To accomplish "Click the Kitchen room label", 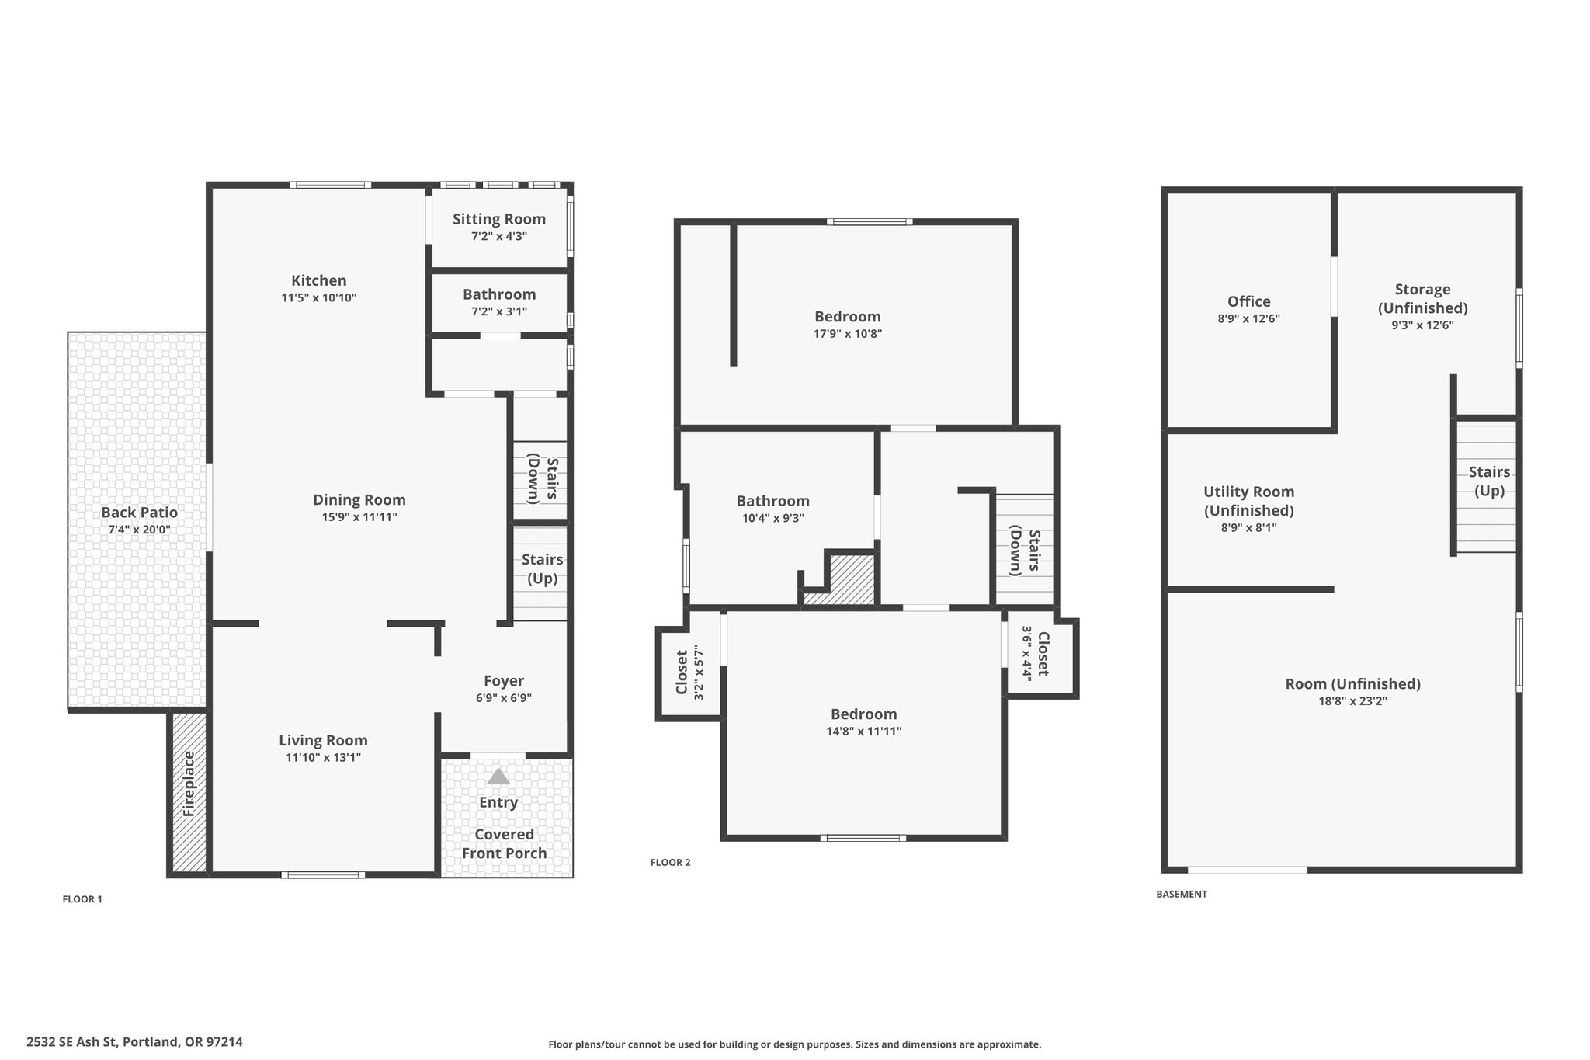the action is click(319, 280).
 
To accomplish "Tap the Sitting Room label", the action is click(499, 220).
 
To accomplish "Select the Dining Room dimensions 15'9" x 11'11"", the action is click(359, 517).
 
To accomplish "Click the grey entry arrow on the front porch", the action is click(498, 777).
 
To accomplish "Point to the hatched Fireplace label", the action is click(189, 784).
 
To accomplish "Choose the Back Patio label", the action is click(140, 513).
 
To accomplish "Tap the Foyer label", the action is click(504, 681).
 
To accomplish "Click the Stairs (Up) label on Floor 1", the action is click(543, 569).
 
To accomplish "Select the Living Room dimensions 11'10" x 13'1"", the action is click(323, 758).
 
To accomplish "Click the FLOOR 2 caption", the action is click(671, 863).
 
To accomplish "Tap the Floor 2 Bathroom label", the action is click(773, 502).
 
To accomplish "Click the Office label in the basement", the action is click(1249, 301).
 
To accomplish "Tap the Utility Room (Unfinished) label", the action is click(1249, 501).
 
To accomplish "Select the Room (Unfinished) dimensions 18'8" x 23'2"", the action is click(1353, 701).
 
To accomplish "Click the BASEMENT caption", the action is click(1182, 895).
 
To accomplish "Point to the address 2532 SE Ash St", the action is click(71, 1042).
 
